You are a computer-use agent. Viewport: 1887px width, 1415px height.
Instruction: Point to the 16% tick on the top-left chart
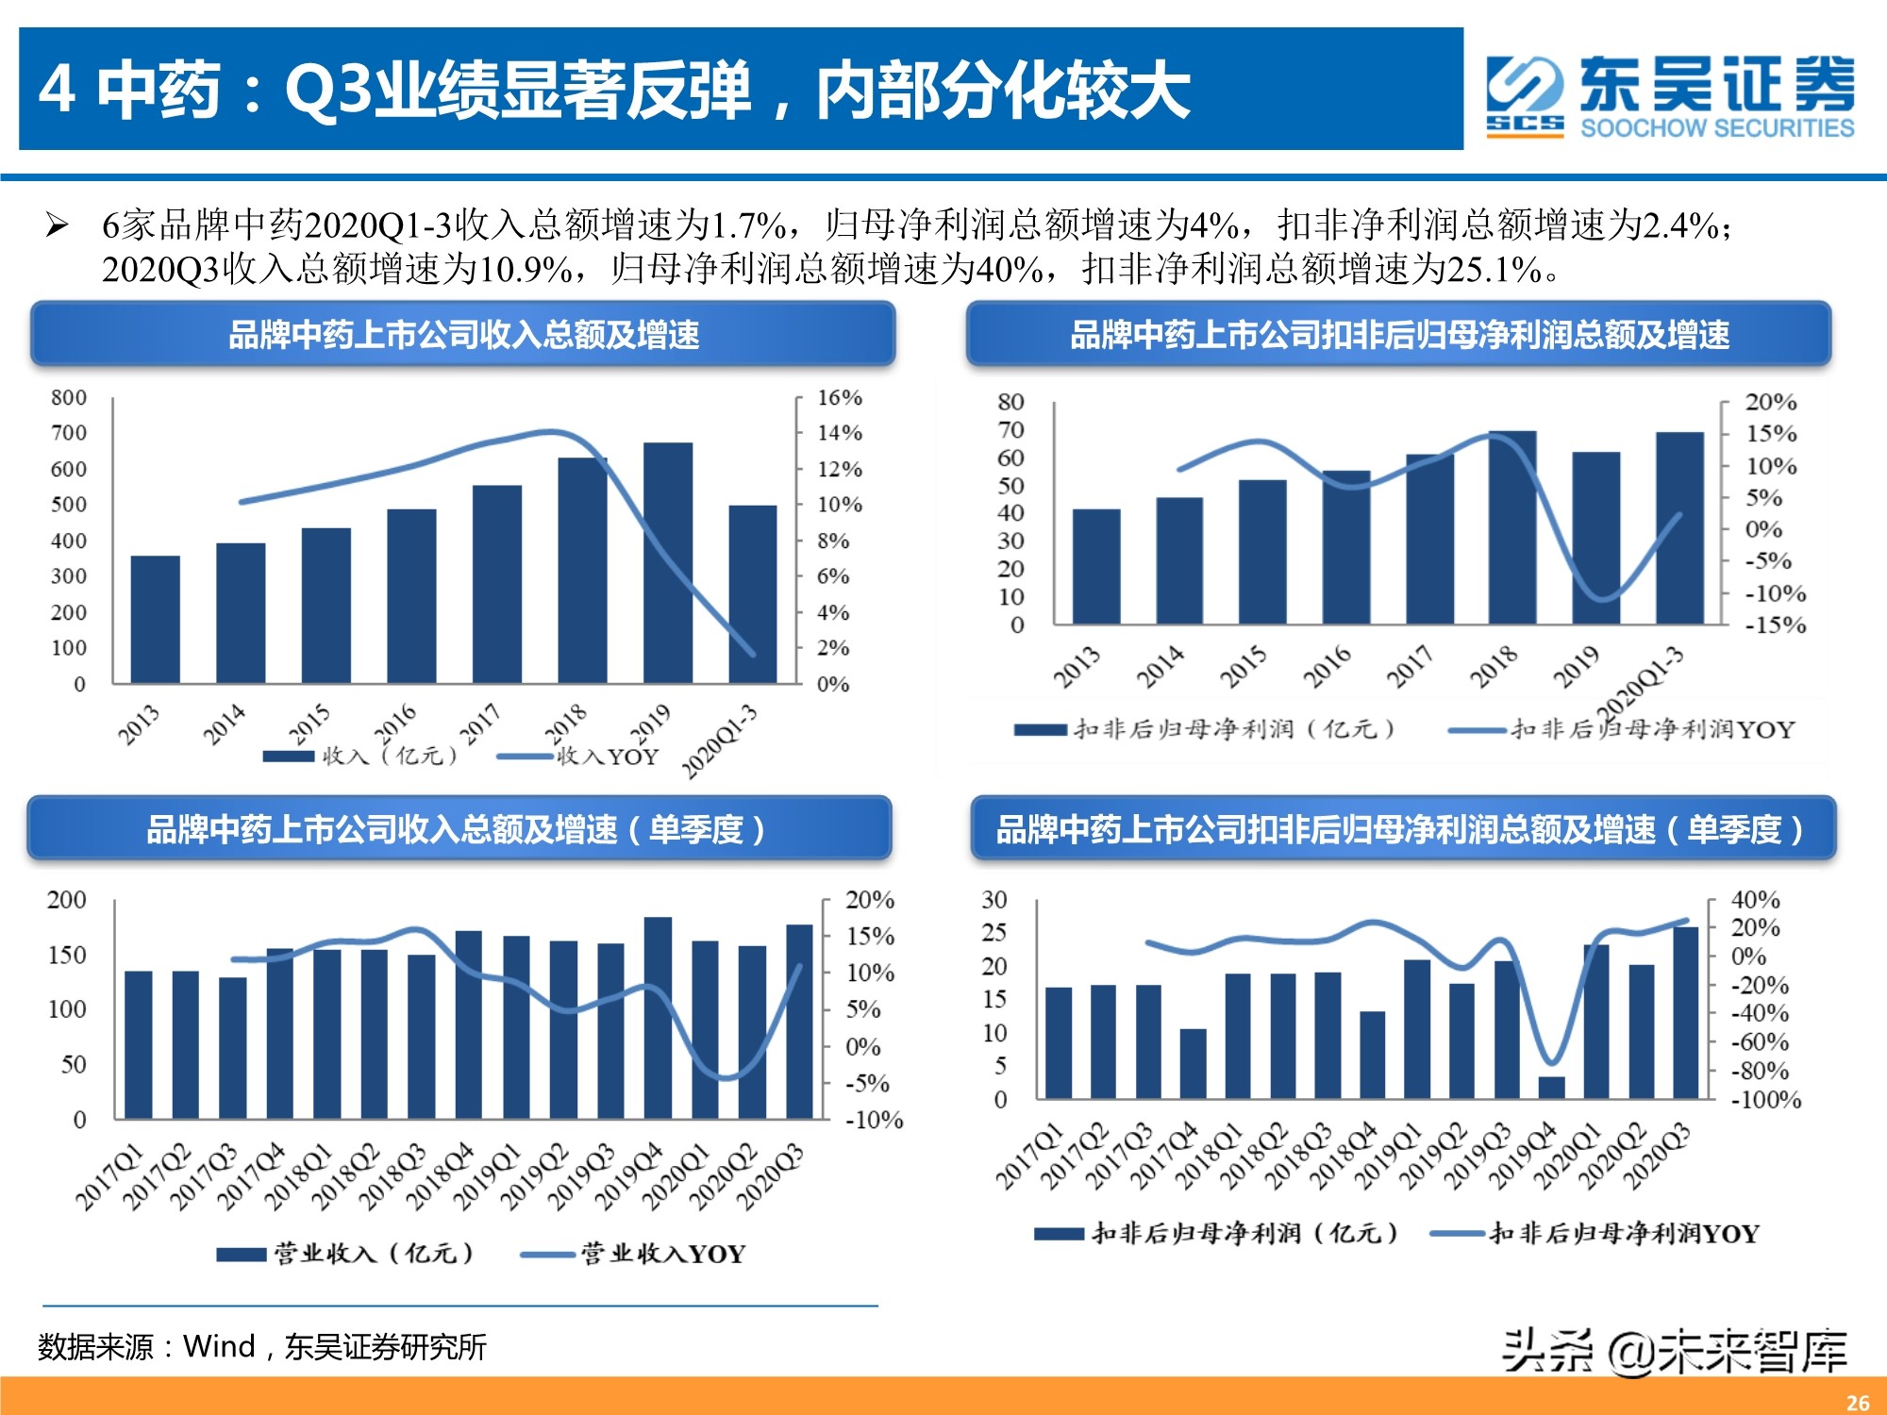pos(839,398)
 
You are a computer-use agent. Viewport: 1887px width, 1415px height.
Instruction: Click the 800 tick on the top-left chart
pos(69,398)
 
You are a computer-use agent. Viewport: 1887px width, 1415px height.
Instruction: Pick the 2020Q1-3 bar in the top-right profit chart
pos(1679,527)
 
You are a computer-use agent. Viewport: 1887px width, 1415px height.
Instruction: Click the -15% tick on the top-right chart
pos(1775,625)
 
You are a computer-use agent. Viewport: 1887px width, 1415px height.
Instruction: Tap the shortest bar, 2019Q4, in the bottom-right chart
pos(1551,1088)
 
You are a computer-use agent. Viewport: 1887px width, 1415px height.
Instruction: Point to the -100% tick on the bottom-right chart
pos(1765,1100)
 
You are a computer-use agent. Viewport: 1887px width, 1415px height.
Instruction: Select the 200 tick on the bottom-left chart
pos(67,900)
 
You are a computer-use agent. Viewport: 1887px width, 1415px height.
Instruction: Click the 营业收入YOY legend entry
pos(661,1254)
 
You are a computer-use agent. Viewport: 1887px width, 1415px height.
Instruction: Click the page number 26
pos(1857,1402)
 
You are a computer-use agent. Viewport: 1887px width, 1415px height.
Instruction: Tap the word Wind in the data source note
pos(219,1346)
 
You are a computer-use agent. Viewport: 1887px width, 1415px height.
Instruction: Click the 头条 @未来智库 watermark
pos(1674,1352)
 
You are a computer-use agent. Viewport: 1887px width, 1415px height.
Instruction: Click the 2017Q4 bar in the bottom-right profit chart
pos(1193,1063)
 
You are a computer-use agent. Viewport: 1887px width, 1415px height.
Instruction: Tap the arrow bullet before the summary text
pos(58,225)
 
